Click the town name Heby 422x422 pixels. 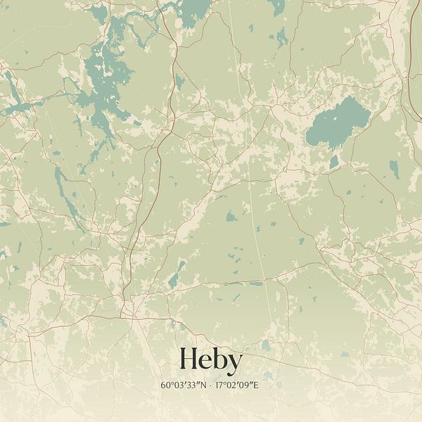click(x=211, y=359)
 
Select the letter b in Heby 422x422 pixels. click(x=219, y=359)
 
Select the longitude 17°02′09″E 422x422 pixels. click(x=238, y=385)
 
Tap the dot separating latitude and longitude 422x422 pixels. click(x=211, y=385)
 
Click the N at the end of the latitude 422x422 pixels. click(x=205, y=385)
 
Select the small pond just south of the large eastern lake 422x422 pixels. click(x=333, y=162)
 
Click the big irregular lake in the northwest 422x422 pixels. click(x=105, y=77)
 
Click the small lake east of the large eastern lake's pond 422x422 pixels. click(x=394, y=169)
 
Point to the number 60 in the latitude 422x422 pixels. click(x=165, y=385)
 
